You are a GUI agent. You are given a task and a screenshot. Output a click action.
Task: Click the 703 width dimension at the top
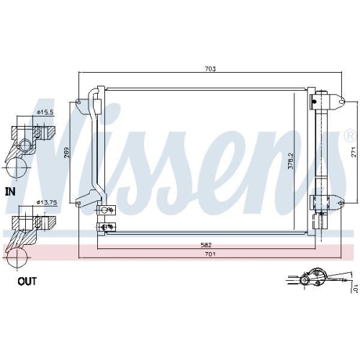click(210, 69)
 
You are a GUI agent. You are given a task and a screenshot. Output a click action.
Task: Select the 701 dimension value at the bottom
click(209, 254)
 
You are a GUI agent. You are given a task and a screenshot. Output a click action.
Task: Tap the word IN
click(10, 192)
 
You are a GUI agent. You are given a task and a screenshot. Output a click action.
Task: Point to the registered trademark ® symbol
click(349, 135)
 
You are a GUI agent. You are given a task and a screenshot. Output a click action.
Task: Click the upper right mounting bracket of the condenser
click(322, 100)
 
